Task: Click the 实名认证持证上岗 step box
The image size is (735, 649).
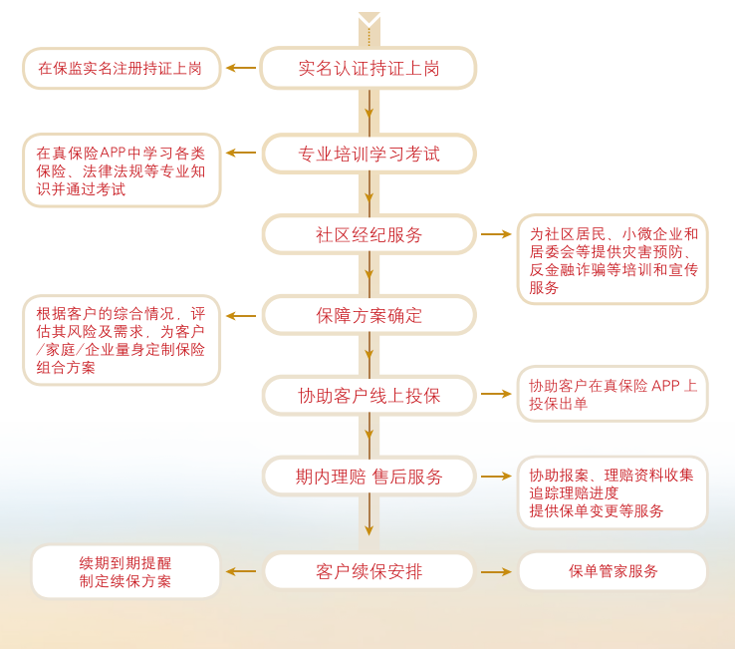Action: point(368,69)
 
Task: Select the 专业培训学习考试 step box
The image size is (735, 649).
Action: point(368,154)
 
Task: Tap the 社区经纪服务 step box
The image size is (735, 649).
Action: point(368,234)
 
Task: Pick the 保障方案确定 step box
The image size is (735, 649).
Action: point(368,315)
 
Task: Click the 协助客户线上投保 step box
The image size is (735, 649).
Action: point(368,396)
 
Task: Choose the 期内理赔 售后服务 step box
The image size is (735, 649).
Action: point(368,477)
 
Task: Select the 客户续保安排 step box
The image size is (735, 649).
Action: point(368,571)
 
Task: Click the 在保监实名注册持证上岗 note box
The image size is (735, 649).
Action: point(121,69)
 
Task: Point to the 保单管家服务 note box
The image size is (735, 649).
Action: point(612,571)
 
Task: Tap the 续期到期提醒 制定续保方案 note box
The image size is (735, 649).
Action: point(125,572)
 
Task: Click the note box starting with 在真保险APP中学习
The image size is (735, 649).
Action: point(121,170)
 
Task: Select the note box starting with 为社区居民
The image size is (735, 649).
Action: point(612,259)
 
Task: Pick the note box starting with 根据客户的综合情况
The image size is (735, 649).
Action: point(121,340)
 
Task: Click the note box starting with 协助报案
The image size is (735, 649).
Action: point(612,492)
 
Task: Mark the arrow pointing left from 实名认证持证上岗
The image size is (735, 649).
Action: point(241,68)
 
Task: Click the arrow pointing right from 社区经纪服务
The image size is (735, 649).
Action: point(496,234)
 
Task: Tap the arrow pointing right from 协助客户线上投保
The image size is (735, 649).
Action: point(496,394)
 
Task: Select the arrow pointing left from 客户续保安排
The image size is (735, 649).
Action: point(241,571)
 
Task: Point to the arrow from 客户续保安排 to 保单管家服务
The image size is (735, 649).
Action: point(496,571)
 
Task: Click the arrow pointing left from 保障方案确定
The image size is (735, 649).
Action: point(241,316)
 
